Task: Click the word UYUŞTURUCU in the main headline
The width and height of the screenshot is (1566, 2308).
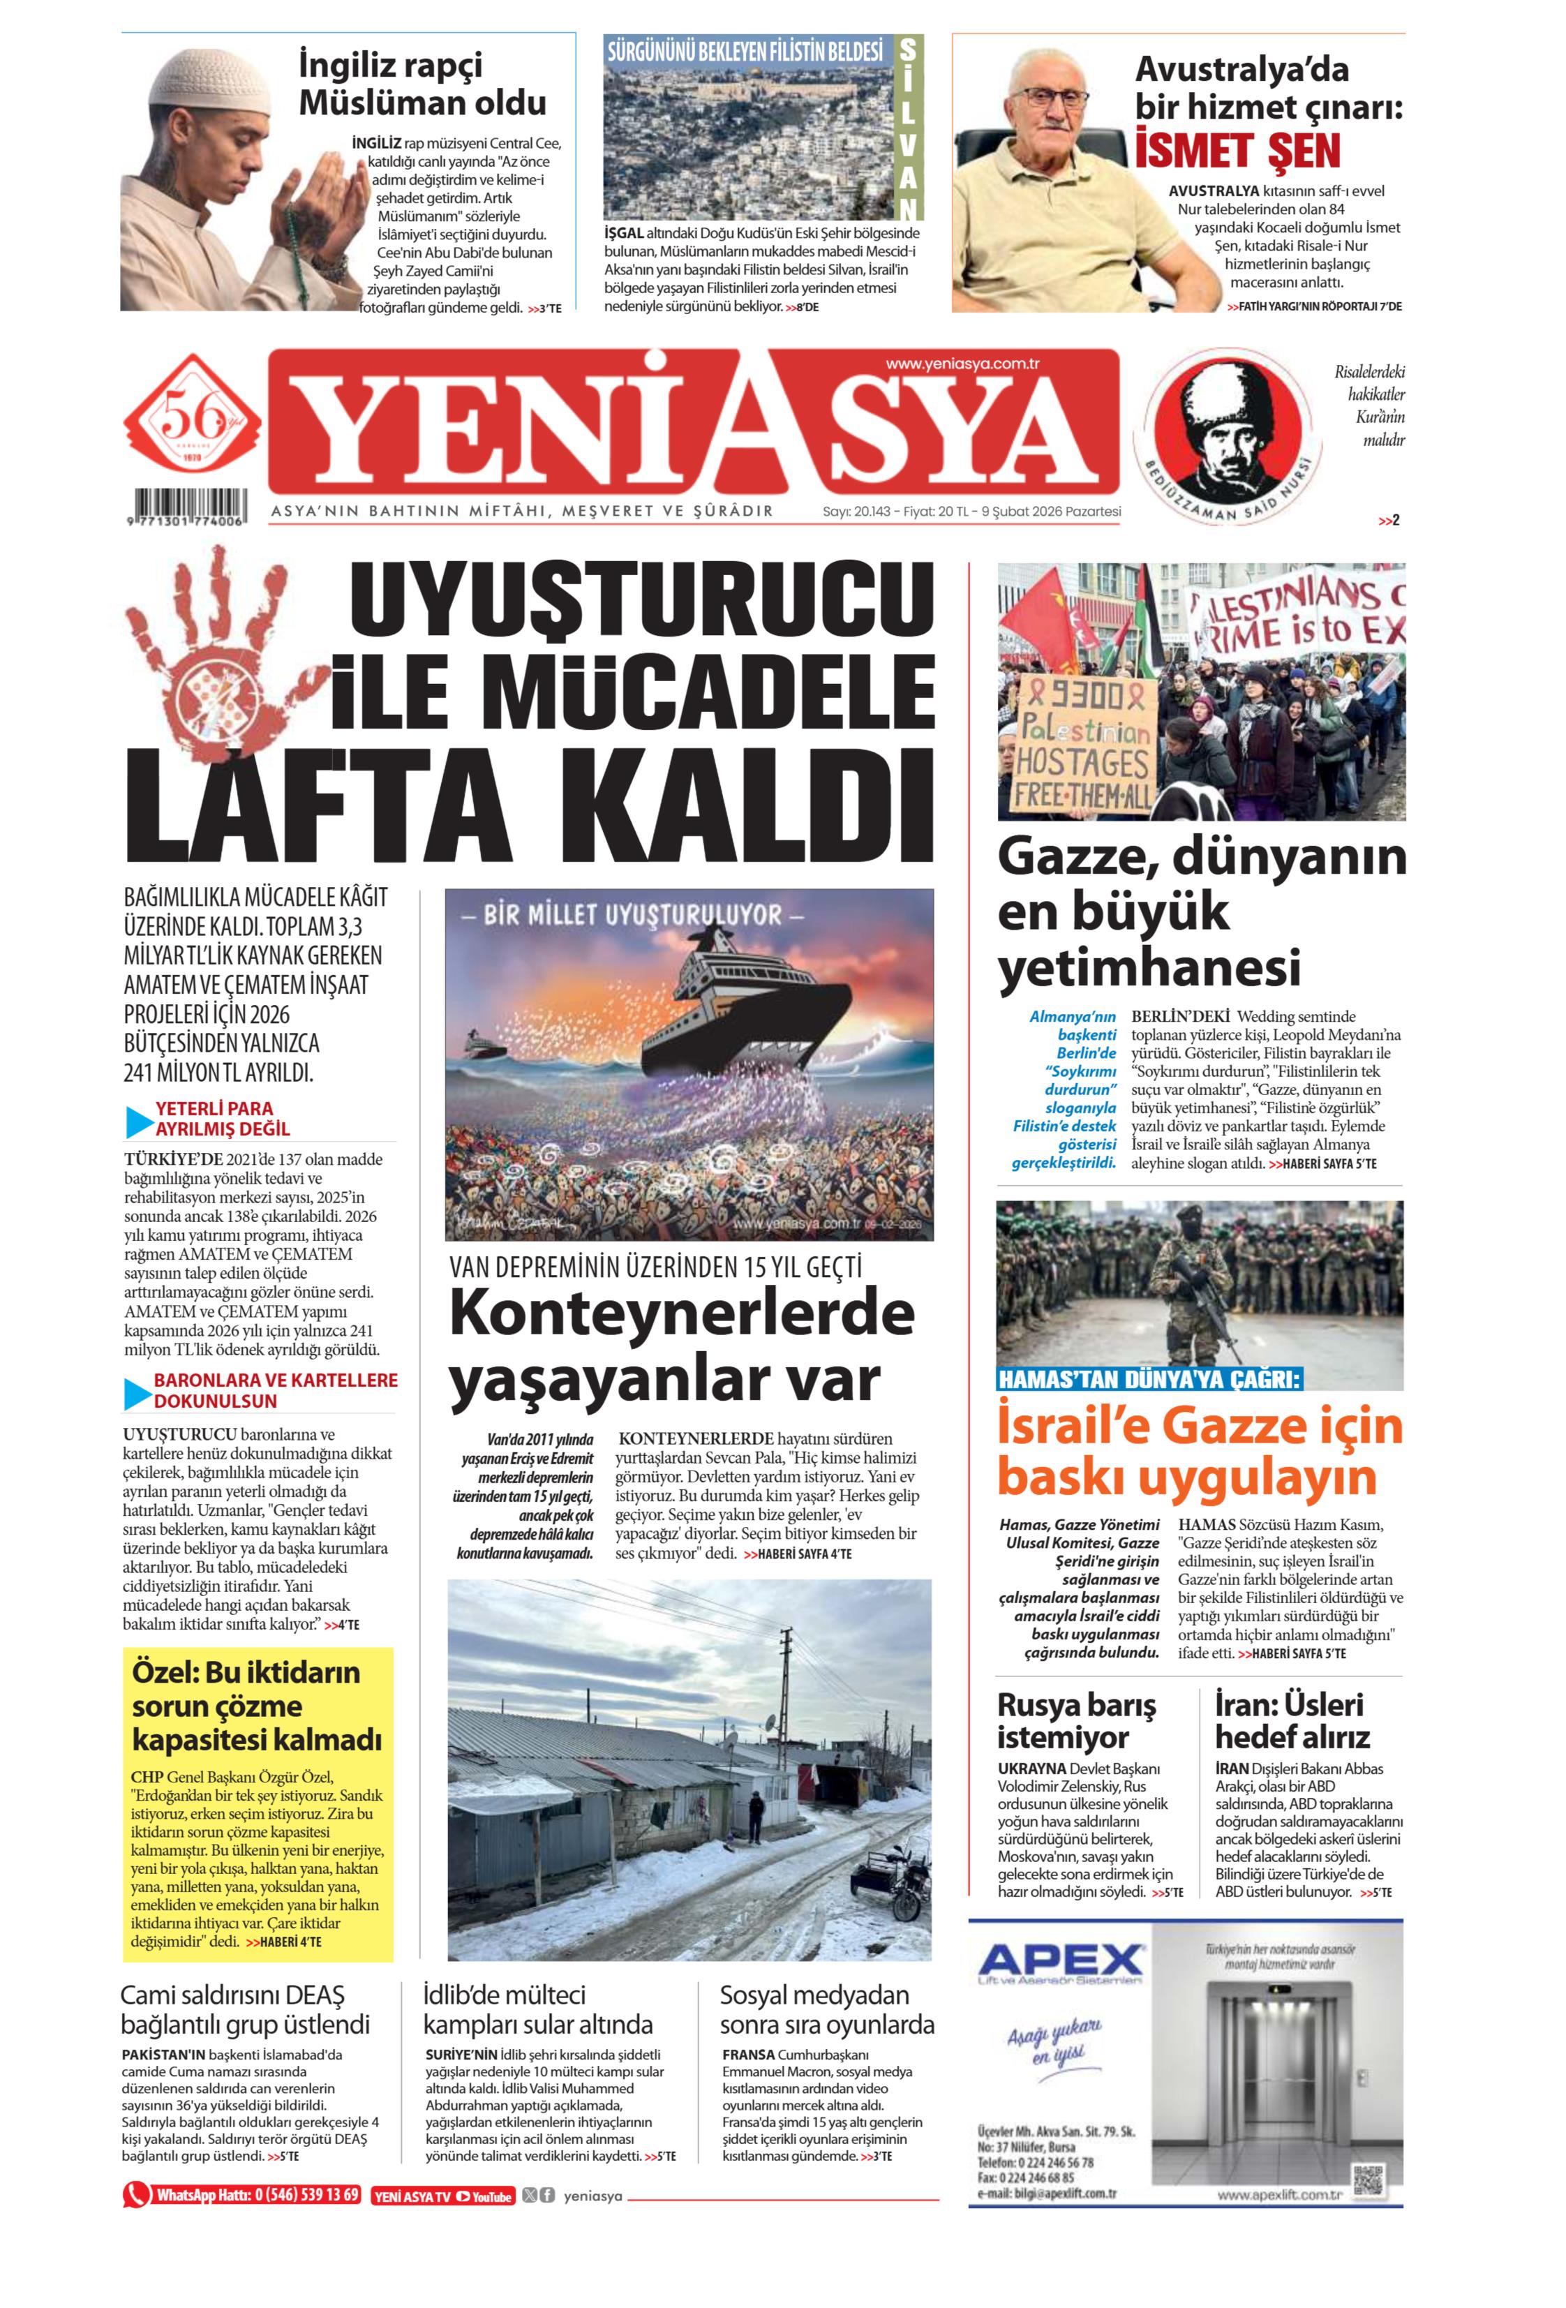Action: (x=643, y=601)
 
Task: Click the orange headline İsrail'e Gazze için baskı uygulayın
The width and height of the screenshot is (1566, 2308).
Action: (x=1200, y=1451)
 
